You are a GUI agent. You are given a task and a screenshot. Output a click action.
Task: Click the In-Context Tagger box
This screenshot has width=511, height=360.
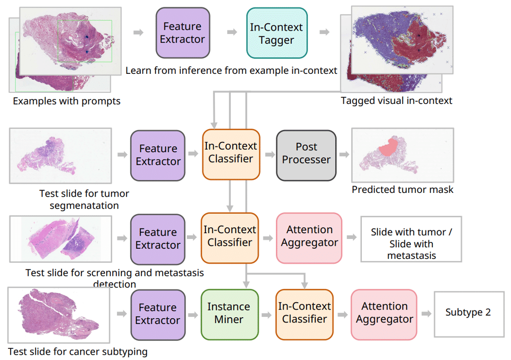[x=276, y=34]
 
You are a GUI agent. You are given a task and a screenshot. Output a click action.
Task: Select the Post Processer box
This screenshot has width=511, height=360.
[x=306, y=154]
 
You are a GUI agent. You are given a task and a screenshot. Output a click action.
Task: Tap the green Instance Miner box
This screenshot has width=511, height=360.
[x=229, y=313]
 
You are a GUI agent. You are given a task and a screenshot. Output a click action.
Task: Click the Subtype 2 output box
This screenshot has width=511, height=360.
[x=468, y=313]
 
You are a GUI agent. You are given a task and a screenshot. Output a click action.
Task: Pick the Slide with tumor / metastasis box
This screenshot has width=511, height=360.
[x=411, y=243]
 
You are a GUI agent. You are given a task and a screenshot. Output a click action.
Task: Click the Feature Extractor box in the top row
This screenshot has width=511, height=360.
[x=182, y=33]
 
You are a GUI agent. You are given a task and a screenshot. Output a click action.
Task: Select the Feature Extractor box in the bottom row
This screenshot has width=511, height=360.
[x=158, y=314]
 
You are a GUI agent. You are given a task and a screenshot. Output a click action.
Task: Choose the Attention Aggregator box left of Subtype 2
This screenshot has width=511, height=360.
[x=384, y=313]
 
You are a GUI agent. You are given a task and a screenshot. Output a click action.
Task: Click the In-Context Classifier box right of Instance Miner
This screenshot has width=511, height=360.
[x=305, y=313]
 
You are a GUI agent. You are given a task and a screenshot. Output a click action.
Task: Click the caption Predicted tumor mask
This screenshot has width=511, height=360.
[x=402, y=189]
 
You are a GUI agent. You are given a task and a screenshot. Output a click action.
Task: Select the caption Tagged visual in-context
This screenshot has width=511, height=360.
[x=396, y=101]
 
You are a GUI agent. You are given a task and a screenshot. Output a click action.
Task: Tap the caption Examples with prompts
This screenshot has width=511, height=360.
[x=67, y=101]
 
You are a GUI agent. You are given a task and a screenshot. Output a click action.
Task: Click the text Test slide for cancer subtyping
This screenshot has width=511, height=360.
[x=78, y=351]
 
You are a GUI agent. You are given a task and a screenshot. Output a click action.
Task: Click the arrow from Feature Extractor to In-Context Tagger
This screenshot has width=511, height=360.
[x=232, y=32]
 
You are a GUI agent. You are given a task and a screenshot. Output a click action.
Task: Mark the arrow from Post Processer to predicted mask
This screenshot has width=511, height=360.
[x=344, y=154]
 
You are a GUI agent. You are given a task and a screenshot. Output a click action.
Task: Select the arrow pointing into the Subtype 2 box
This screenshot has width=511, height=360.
[x=426, y=314]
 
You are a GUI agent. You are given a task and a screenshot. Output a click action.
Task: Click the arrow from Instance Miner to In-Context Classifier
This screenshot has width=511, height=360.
[x=267, y=315]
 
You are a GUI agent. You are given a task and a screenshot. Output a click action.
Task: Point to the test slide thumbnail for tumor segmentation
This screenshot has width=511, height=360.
[x=60, y=155]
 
